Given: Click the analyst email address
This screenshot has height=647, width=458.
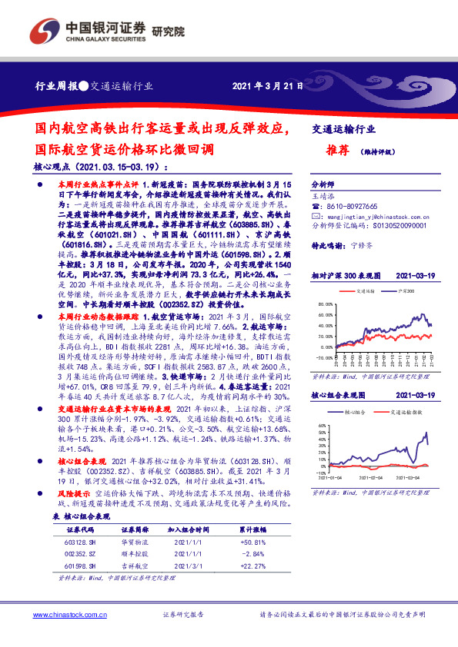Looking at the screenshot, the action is [367, 217].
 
